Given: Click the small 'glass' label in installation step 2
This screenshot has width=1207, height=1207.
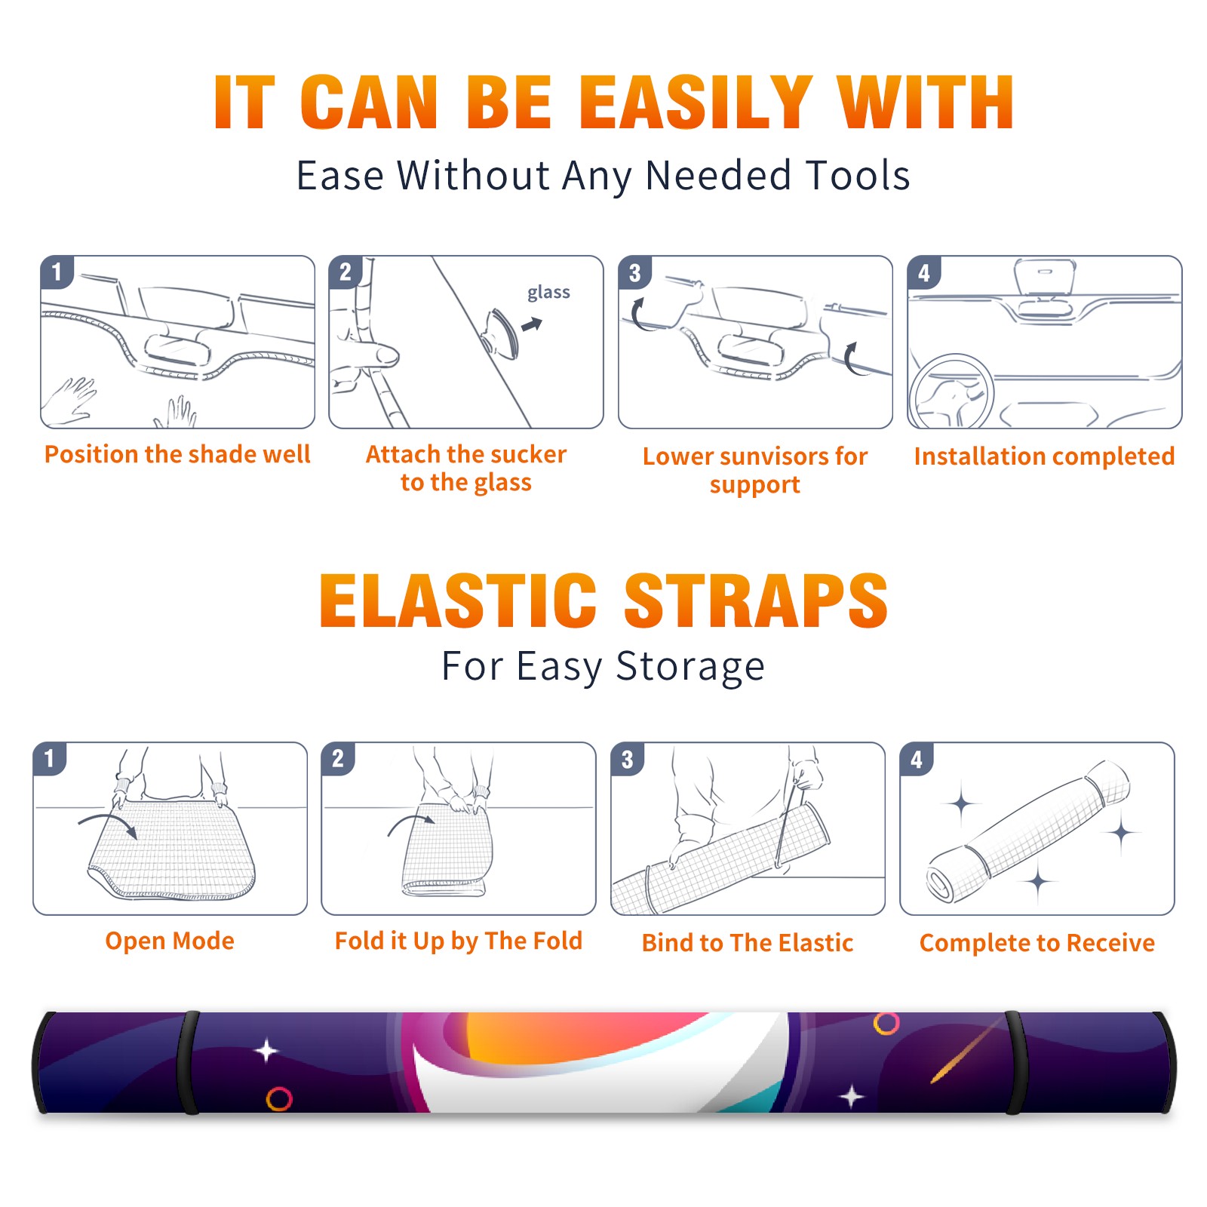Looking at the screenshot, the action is pyautogui.click(x=548, y=293).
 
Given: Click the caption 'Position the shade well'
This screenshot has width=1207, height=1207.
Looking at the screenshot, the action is pyautogui.click(x=177, y=454).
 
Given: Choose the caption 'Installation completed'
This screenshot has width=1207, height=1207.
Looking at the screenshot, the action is pyautogui.click(x=1044, y=456).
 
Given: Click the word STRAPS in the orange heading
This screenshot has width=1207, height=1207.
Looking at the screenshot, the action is pyautogui.click(x=756, y=601).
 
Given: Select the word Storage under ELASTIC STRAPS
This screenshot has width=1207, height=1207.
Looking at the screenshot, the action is pyautogui.click(x=690, y=668).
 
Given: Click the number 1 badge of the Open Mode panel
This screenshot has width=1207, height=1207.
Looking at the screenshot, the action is pyautogui.click(x=50, y=758).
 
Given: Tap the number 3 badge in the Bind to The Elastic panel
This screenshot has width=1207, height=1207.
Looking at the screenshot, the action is pyautogui.click(x=628, y=759).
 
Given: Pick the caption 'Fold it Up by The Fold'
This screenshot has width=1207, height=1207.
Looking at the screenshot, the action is pyautogui.click(x=459, y=941).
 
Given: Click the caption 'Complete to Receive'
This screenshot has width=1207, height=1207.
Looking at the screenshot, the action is pyautogui.click(x=1037, y=943).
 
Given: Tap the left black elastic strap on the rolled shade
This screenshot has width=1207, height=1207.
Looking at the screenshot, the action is pyautogui.click(x=188, y=1062).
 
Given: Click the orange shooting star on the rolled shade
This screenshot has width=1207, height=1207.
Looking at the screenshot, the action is pyautogui.click(x=968, y=1049).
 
